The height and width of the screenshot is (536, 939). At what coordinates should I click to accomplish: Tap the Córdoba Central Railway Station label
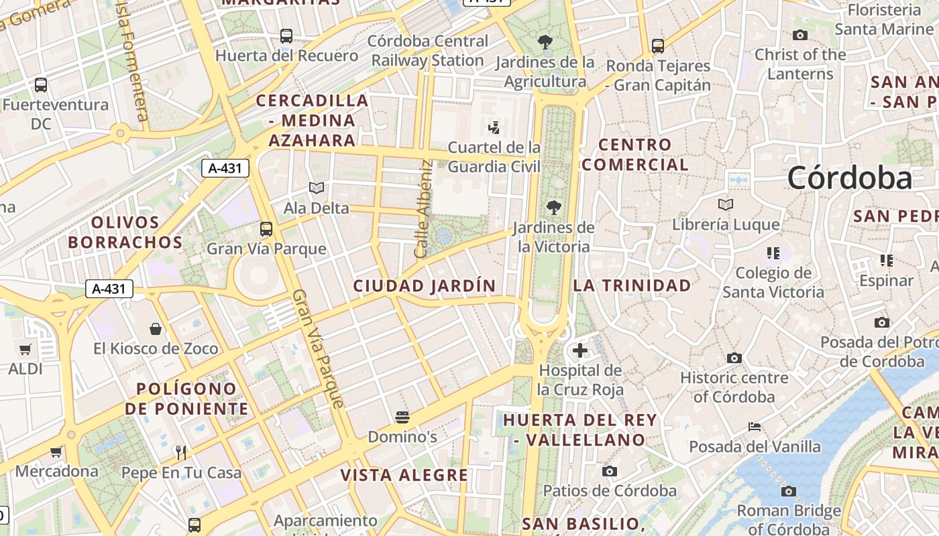428,51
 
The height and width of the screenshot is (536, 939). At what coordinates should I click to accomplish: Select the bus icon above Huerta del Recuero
286,36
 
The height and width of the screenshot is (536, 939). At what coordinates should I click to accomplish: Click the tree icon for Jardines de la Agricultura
545,42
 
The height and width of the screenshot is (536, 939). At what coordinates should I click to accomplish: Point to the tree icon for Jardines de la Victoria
553,207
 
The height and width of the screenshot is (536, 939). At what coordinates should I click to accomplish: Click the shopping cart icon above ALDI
25,349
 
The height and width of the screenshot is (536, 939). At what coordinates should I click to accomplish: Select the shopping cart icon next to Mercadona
56,452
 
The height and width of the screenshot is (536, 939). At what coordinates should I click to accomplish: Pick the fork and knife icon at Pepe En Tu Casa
181,452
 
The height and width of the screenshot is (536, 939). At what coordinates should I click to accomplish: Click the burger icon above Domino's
402,417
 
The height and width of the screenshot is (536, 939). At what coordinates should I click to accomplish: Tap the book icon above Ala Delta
317,188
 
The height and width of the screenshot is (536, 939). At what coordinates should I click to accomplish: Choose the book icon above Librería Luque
725,204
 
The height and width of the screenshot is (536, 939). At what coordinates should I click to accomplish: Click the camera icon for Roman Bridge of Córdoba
789,491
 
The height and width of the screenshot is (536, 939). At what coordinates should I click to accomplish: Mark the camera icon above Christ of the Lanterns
799,35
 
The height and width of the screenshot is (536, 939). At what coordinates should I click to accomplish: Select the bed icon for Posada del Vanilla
755,427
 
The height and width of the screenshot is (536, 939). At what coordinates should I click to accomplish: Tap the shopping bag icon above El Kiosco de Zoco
156,329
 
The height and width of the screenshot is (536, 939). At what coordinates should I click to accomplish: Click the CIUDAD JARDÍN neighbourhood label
425,286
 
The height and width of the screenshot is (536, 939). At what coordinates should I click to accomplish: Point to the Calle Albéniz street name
422,208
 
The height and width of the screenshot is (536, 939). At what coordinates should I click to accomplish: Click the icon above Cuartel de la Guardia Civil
494,127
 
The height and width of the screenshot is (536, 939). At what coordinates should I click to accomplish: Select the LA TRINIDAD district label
632,285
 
